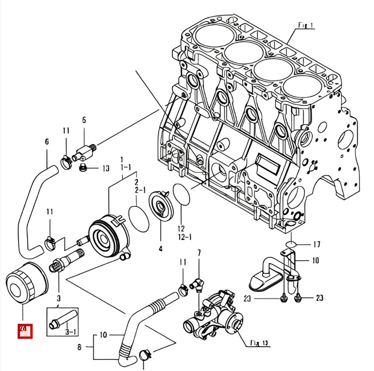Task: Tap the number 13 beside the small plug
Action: click(x=106, y=169)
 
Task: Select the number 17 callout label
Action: click(x=316, y=245)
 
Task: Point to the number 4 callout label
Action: click(x=160, y=248)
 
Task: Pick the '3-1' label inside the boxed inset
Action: click(x=71, y=332)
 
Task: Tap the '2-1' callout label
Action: click(x=140, y=189)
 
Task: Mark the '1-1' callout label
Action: click(x=126, y=166)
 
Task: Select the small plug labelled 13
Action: click(x=83, y=168)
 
